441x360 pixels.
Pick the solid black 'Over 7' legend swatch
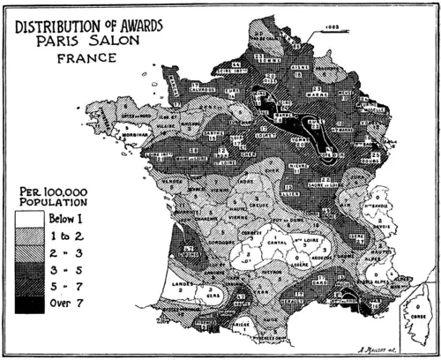click(26, 305)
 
